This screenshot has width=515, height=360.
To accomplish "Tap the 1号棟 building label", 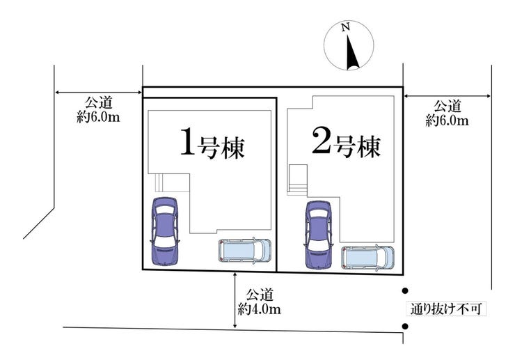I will [213, 143].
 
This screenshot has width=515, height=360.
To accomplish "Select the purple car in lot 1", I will [166, 231].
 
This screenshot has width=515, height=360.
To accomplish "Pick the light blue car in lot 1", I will [244, 249].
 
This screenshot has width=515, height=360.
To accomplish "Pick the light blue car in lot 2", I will [368, 256].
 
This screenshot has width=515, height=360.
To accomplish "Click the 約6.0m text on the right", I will [447, 120].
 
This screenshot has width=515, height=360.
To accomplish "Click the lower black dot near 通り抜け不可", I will [404, 327].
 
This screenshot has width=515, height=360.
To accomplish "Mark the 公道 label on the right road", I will [447, 107].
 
